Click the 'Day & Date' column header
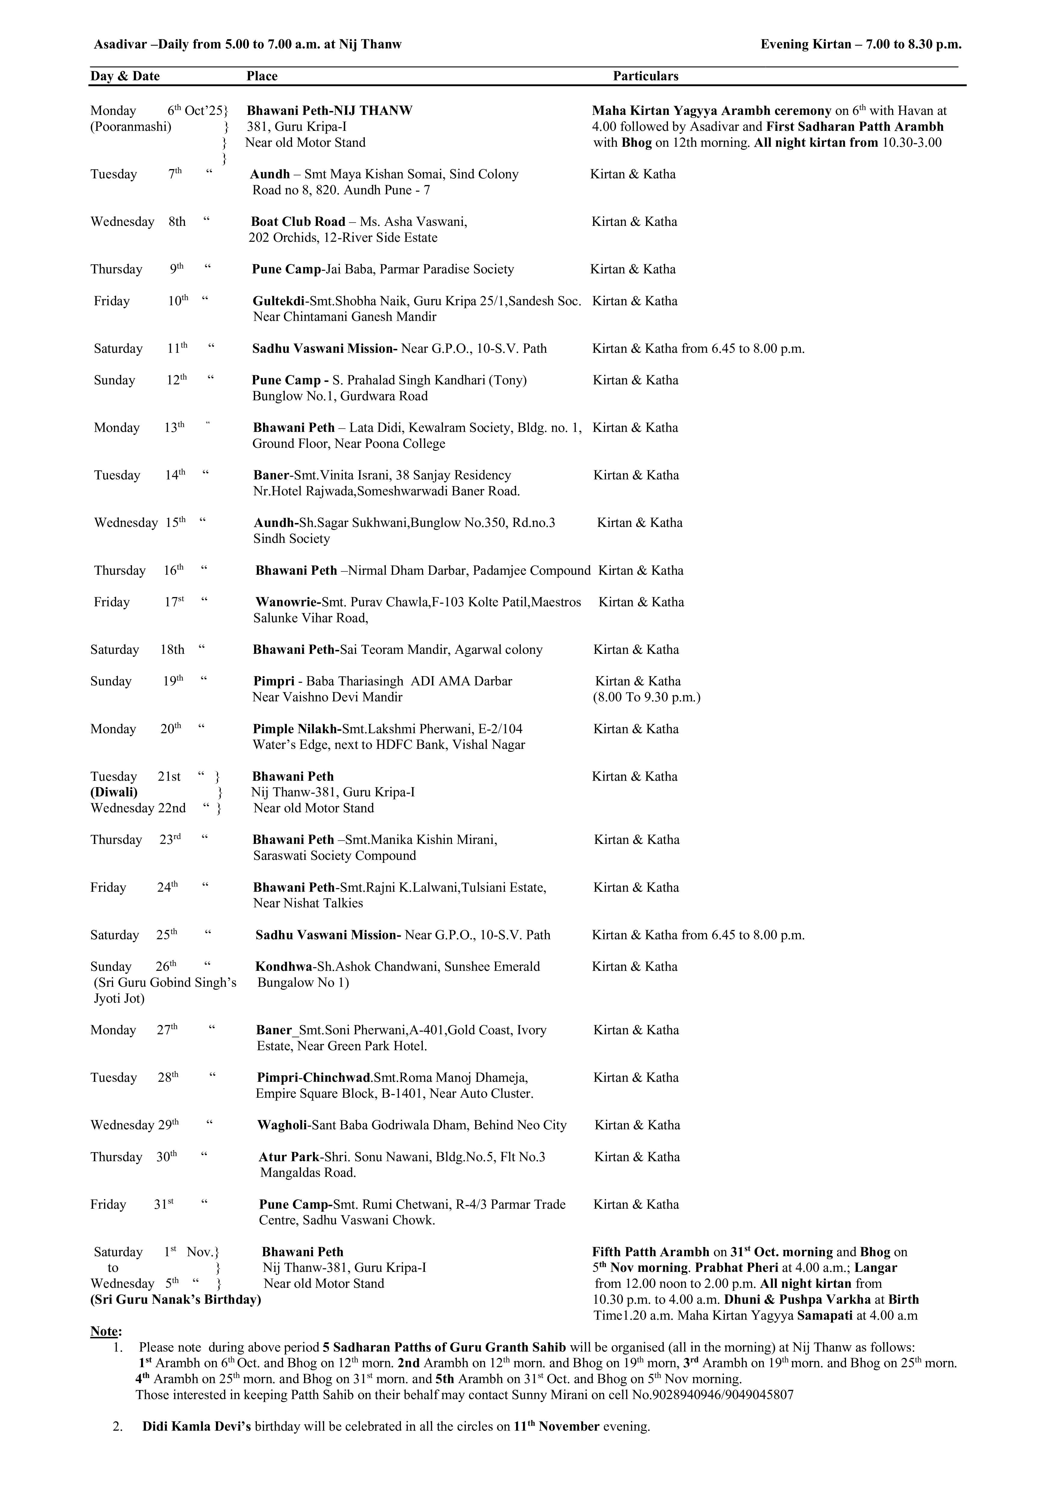click(x=125, y=76)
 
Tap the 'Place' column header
click(x=262, y=76)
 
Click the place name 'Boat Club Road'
click(x=298, y=222)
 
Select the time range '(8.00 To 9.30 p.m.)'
click(x=646, y=697)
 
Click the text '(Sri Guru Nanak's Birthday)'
click(x=175, y=1299)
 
